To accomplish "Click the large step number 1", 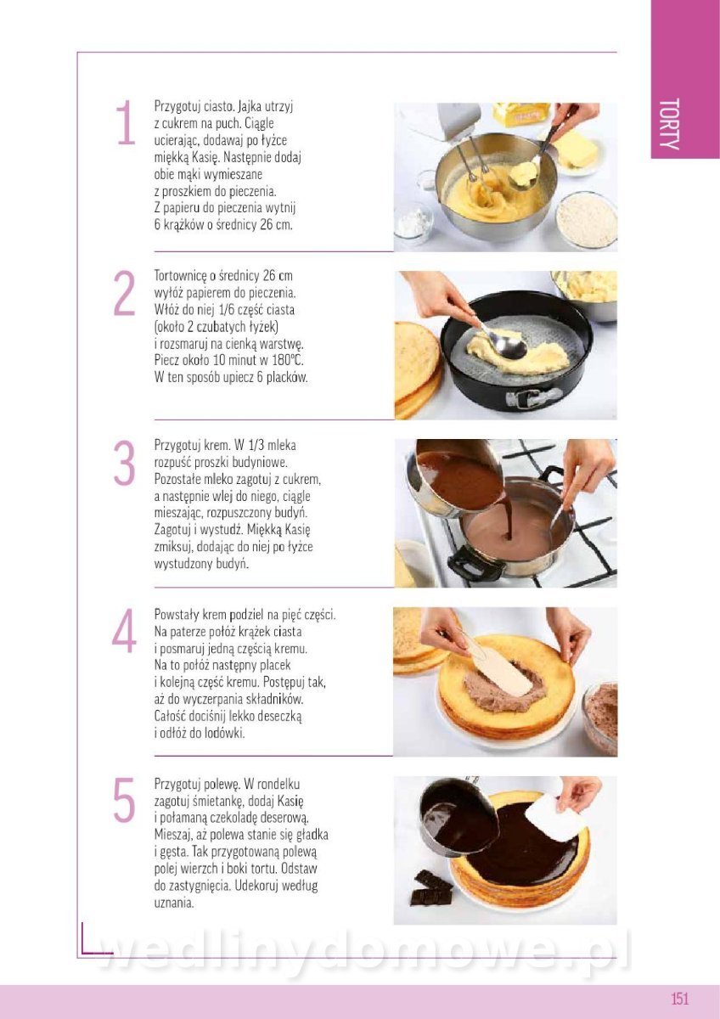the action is (126, 122).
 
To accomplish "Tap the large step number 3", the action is (124, 463).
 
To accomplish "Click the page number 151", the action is (680, 998).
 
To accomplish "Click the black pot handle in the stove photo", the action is (472, 564).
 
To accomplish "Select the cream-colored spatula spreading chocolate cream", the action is (499, 667).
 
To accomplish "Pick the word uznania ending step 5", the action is (174, 904).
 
